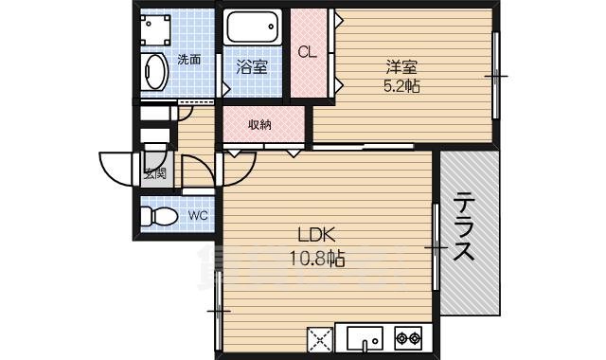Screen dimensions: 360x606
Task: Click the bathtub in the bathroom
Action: click(x=253, y=27)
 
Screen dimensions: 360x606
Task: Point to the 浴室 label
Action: click(x=252, y=67)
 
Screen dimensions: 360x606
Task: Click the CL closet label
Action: click(x=308, y=52)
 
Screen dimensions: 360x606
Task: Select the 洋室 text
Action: click(x=401, y=67)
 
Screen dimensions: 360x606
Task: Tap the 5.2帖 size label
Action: click(x=401, y=86)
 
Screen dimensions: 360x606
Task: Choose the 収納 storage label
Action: click(x=261, y=125)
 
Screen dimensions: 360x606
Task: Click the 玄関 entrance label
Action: click(x=155, y=173)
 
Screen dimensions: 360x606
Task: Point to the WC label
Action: click(x=197, y=216)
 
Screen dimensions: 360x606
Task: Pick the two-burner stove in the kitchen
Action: click(x=409, y=337)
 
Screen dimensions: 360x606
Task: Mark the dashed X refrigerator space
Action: click(x=319, y=338)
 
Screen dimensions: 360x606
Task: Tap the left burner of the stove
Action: click(x=402, y=337)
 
